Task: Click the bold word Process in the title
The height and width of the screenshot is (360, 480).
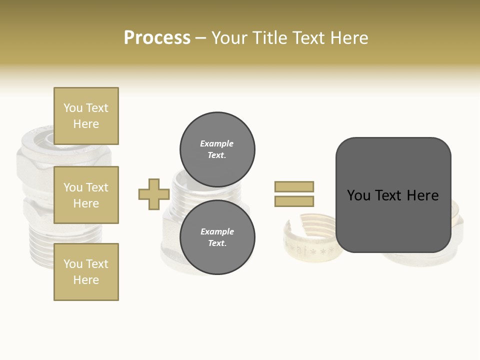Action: tap(157, 38)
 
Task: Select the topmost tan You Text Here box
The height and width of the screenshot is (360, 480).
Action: tap(86, 116)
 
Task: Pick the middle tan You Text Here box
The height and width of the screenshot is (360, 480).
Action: tap(86, 195)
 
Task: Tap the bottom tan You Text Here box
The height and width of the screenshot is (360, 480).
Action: tap(86, 272)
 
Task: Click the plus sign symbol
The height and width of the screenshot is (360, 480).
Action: tap(154, 194)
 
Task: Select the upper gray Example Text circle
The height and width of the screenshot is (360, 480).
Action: tap(217, 149)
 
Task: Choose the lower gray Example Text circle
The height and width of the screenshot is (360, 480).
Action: tap(217, 237)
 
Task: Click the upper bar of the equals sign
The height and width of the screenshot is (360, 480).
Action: tap(294, 186)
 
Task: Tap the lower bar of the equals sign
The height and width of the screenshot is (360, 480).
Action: tap(294, 201)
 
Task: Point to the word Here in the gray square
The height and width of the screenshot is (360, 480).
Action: tap(422, 195)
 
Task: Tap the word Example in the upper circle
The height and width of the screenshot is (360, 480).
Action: tap(217, 143)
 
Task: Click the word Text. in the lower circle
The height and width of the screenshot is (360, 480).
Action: tap(217, 243)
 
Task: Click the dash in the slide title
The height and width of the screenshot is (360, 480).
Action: tap(200, 38)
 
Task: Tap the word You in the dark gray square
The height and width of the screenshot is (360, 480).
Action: tap(359, 195)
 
